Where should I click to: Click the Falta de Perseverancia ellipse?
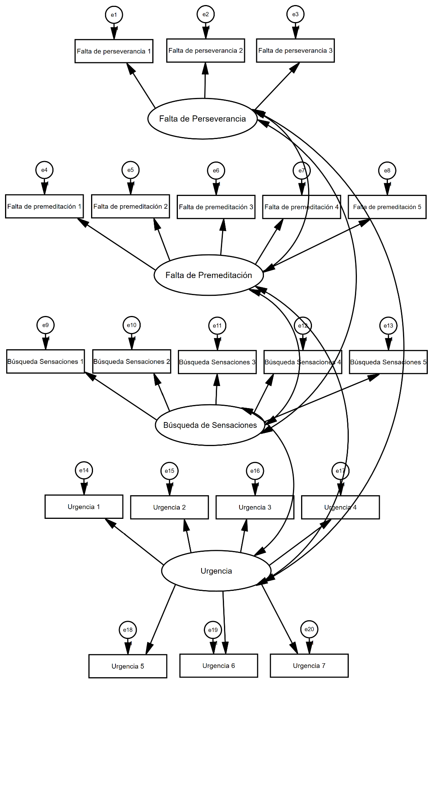(202, 118)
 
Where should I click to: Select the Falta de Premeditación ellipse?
(208, 275)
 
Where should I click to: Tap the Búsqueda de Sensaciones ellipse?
(210, 425)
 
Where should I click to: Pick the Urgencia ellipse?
(216, 571)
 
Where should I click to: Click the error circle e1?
(114, 15)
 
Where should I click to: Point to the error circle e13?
(388, 326)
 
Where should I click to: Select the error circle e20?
(309, 629)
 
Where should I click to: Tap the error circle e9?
(45, 325)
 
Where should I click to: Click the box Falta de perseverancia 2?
(205, 50)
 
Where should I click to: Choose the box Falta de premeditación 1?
(44, 206)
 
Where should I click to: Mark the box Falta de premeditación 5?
(387, 207)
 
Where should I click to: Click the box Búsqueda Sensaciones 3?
(217, 362)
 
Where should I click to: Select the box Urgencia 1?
(84, 506)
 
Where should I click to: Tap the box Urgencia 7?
(309, 666)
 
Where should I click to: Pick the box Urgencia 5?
(127, 666)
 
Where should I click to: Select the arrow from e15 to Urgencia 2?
(169, 487)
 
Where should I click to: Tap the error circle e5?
(131, 170)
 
